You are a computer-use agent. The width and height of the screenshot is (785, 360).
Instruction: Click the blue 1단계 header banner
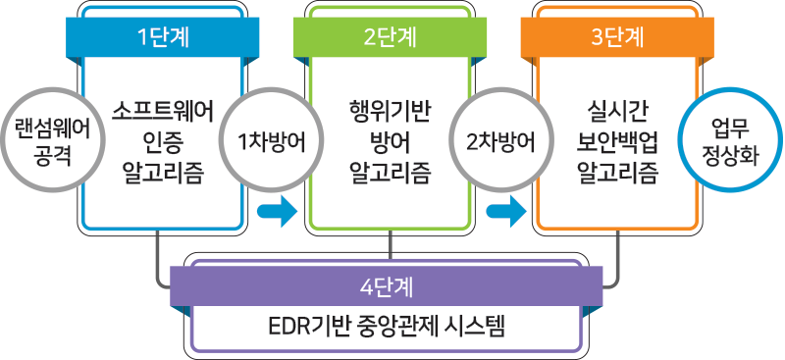pyautogui.click(x=163, y=38)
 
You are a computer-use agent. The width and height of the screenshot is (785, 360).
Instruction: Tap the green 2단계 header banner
pyautogui.click(x=390, y=38)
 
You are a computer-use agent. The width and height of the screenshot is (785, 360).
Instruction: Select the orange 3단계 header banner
pyautogui.click(x=618, y=38)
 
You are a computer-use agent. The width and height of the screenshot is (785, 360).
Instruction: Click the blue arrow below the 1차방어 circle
pyautogui.click(x=276, y=209)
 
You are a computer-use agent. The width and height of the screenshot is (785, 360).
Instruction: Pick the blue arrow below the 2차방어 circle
pyautogui.click(x=503, y=209)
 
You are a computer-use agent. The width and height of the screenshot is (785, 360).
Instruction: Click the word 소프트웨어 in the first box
pyautogui.click(x=163, y=109)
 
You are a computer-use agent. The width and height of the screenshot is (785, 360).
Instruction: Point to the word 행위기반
pyautogui.click(x=390, y=109)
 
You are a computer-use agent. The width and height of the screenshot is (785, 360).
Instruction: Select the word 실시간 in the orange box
pyautogui.click(x=617, y=109)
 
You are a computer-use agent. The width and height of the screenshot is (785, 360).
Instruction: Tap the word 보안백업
pyautogui.click(x=617, y=141)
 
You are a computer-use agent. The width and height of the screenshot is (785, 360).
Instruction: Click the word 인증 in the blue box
pyautogui.click(x=163, y=141)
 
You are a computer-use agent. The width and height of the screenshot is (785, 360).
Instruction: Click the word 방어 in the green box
pyautogui.click(x=390, y=141)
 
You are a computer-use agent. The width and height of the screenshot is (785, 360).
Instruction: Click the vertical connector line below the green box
pyautogui.click(x=391, y=245)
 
